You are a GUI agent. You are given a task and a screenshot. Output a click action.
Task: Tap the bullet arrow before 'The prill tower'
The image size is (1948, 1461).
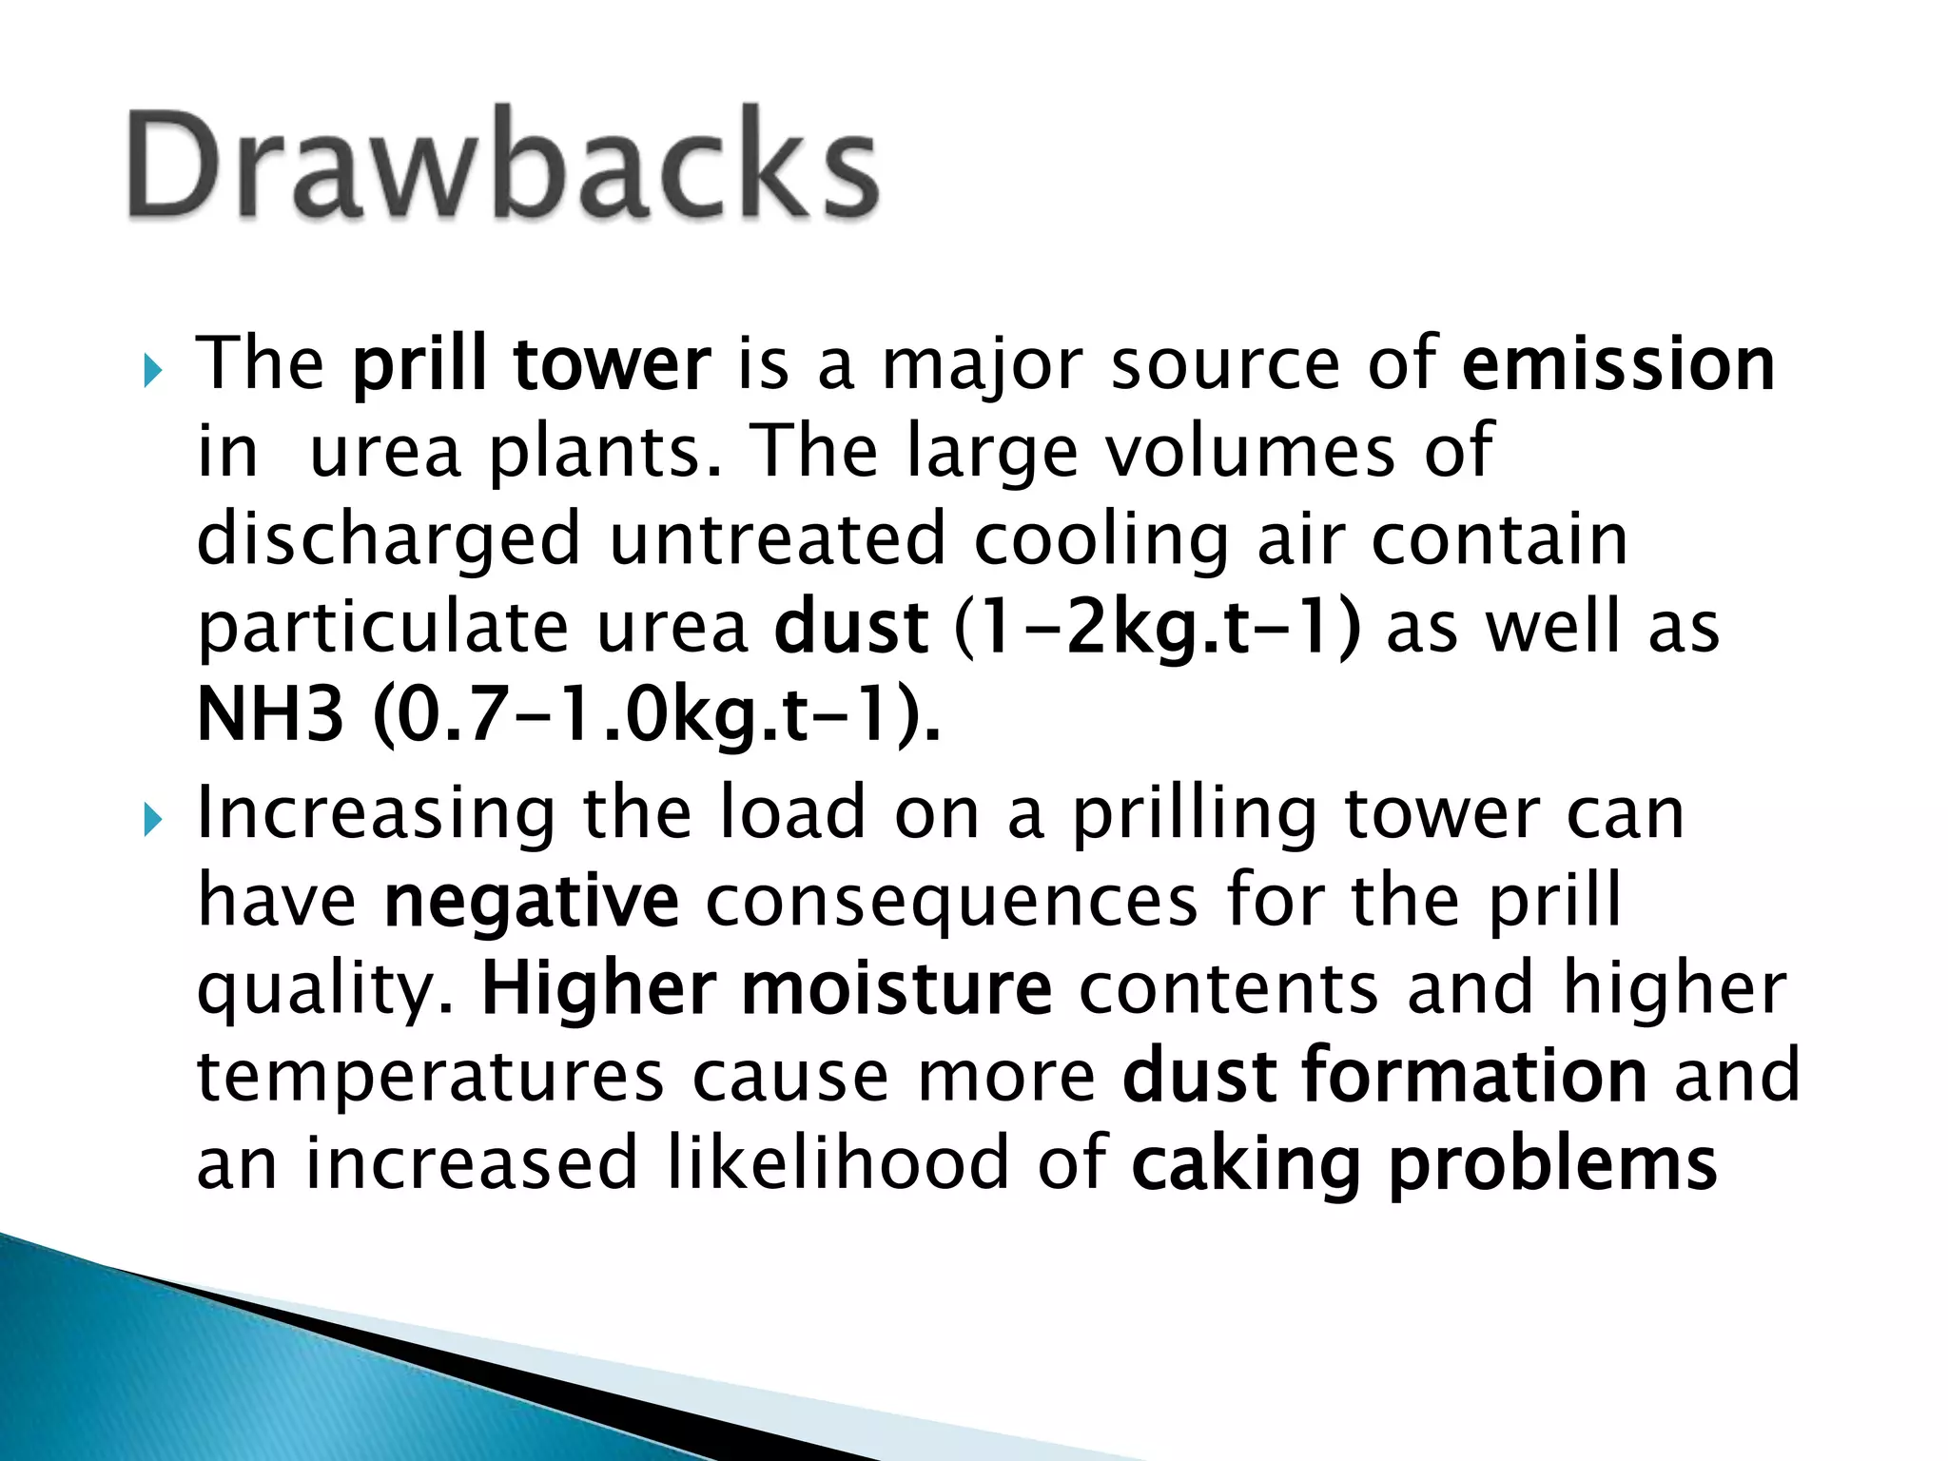pos(153,370)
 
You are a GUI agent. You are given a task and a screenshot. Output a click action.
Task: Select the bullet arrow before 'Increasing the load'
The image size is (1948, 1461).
pos(153,819)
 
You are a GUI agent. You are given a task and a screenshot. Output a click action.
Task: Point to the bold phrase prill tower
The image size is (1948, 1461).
pos(531,365)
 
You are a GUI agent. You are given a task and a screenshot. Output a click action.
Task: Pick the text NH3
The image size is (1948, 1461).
pos(269,715)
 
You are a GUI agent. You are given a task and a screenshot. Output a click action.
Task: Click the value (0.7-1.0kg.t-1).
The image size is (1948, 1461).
pos(656,715)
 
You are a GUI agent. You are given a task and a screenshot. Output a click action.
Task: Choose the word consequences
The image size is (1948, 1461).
pos(951,902)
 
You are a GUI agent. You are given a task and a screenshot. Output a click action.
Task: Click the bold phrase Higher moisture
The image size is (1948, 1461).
pos(767,989)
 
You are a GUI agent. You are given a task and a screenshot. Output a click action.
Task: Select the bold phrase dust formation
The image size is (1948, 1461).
pos(1384,1075)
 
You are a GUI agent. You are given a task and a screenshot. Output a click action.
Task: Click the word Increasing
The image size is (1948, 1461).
pos(376,816)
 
